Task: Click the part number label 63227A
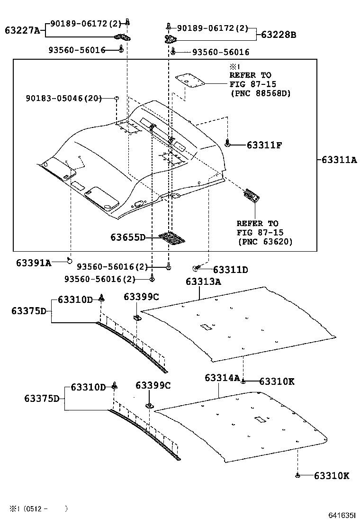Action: point(22,30)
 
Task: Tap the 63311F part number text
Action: point(264,145)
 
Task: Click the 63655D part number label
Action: point(128,237)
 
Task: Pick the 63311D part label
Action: point(230,270)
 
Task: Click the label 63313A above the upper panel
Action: point(203,282)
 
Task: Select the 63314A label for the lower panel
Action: point(222,378)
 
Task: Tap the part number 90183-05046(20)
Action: point(63,99)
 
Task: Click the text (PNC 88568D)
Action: point(260,93)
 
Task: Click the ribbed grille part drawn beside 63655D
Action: point(171,238)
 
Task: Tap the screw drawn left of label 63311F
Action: point(228,142)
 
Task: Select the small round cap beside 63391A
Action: point(69,260)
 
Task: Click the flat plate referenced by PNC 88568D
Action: point(189,80)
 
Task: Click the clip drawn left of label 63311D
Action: point(196,269)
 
